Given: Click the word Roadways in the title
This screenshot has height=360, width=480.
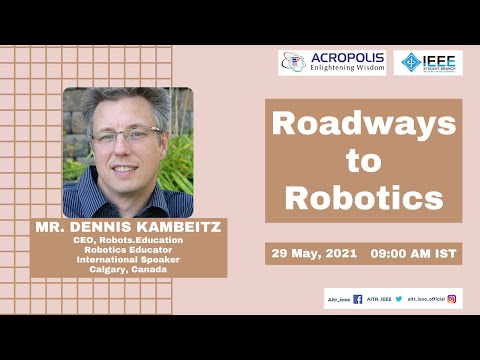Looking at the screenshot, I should point(363,125).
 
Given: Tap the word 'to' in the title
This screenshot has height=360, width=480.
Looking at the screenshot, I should point(363,161).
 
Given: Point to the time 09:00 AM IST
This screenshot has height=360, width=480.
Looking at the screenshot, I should point(414,254).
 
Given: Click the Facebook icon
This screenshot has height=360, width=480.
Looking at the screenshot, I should point(357,299).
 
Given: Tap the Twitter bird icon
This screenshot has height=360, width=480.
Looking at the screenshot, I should point(398,299).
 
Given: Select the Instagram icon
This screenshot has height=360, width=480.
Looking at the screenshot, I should point(452,299).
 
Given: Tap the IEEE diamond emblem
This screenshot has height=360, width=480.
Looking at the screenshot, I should point(409,63).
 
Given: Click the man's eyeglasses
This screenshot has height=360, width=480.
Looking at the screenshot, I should point(127,133).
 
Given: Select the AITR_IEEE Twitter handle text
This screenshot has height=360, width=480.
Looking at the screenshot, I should point(378,299).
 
